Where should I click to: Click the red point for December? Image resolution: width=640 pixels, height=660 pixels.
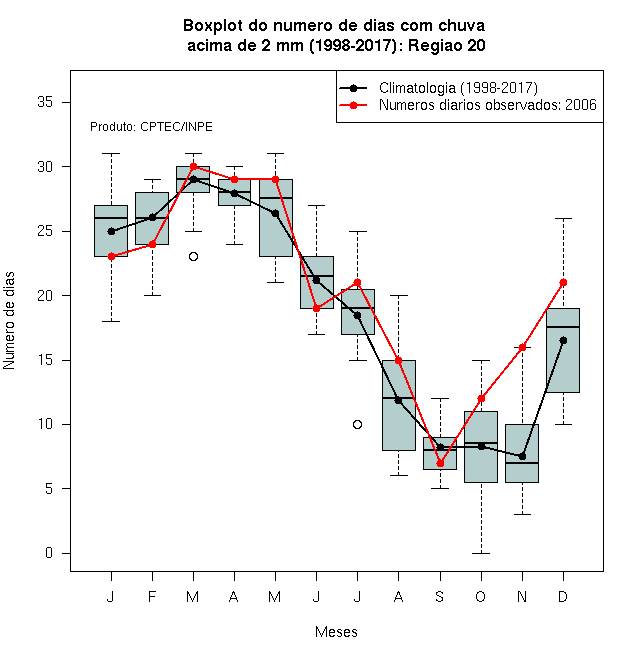coord(563,282)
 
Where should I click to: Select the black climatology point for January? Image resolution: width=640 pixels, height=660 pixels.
coord(111,231)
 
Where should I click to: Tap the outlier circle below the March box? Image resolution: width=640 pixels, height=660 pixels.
coord(193,256)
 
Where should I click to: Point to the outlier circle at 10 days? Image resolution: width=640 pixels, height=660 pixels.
coord(357,424)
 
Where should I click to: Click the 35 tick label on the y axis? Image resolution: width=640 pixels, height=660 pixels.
coord(45,102)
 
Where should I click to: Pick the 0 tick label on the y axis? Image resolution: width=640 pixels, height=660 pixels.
coord(49,553)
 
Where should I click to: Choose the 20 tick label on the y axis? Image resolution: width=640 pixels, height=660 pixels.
coord(45,295)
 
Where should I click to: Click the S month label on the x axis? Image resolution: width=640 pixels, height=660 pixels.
coord(440,596)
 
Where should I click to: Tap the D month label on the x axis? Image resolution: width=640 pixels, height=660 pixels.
coord(563,596)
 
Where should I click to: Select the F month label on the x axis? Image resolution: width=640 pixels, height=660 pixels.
coord(152,596)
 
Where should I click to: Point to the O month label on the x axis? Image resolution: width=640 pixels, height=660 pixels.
coord(480,596)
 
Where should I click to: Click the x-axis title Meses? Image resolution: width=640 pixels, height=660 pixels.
coord(336,632)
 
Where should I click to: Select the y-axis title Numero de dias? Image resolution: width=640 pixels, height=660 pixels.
coord(9,321)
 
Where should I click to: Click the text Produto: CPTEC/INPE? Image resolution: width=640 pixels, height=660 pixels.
coord(151,127)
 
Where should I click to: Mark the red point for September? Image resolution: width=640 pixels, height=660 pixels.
coord(440,463)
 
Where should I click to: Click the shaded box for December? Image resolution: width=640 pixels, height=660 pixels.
coord(563,350)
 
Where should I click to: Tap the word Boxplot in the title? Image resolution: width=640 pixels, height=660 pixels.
coord(213,26)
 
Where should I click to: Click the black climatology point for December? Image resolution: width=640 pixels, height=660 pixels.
coord(563,340)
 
